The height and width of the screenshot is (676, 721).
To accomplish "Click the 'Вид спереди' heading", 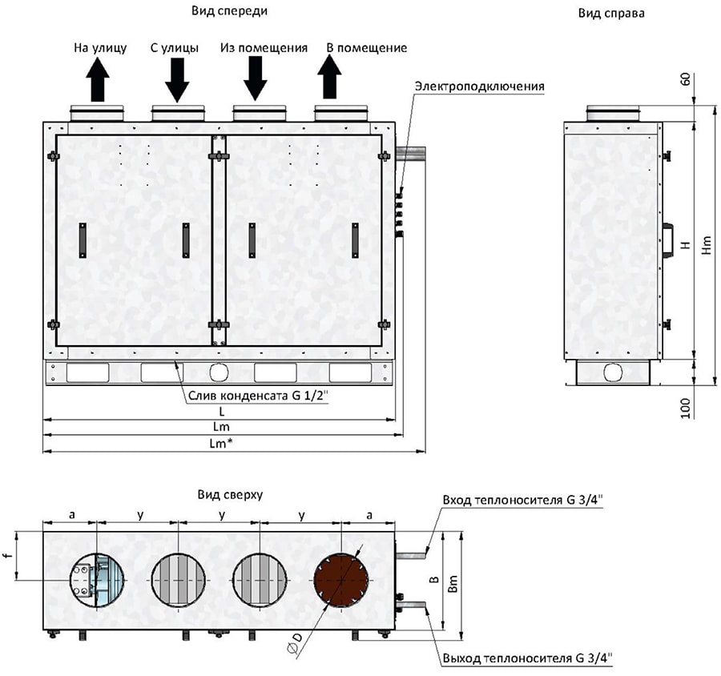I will [229, 11].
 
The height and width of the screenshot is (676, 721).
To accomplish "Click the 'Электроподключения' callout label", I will [481, 86].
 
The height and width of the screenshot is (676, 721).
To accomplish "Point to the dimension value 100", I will [685, 408].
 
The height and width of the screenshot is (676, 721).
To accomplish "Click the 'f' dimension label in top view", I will [6, 554].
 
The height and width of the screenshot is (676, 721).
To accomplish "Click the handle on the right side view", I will [666, 239].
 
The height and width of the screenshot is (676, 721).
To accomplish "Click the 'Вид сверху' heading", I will [230, 495].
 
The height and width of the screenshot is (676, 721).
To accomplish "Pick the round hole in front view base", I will [218, 373].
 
